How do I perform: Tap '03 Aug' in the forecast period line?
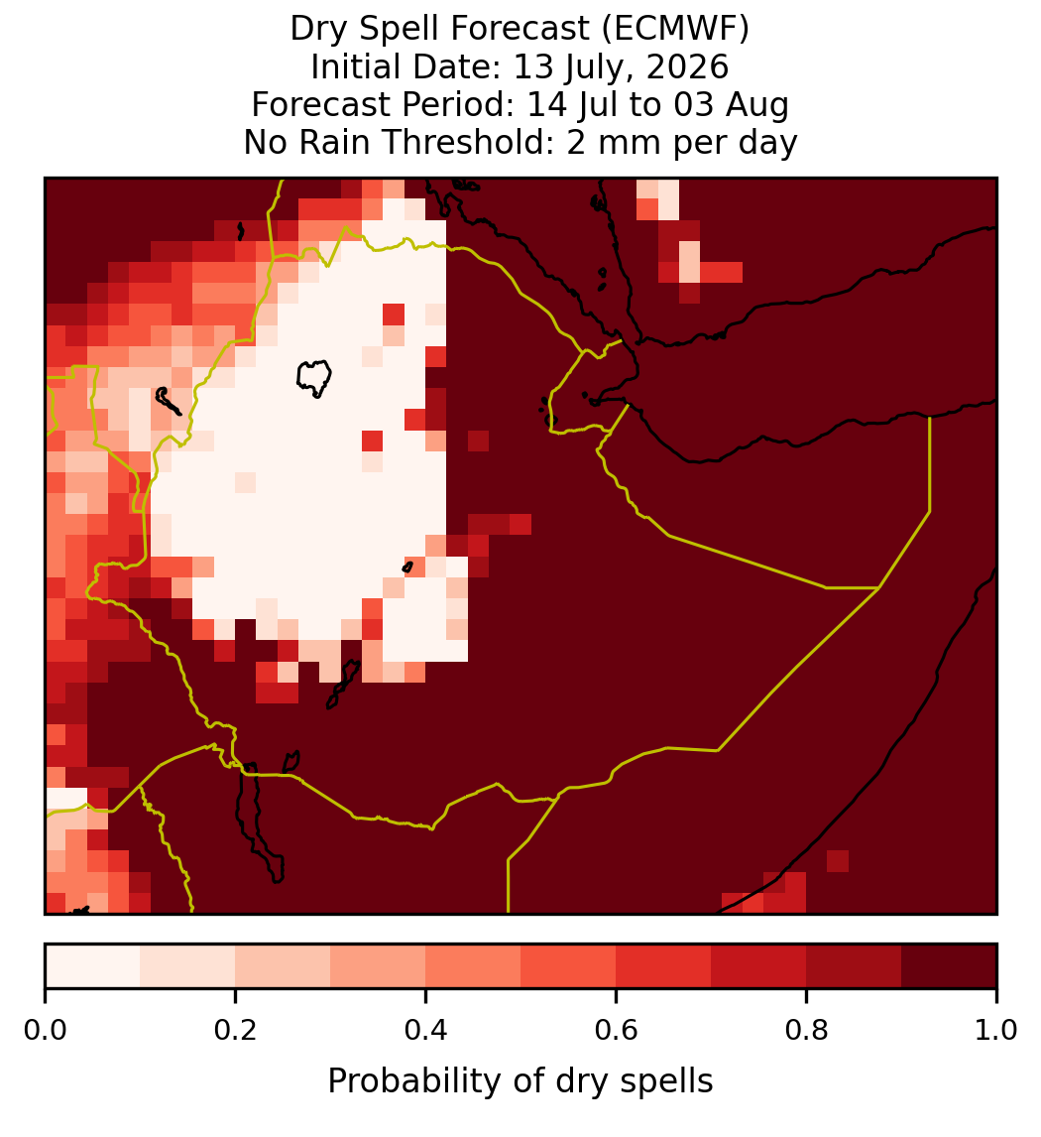[x=731, y=105]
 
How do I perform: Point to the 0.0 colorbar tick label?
[x=45, y=1030]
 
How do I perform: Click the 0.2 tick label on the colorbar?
[x=235, y=1030]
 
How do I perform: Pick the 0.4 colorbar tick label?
[x=426, y=1030]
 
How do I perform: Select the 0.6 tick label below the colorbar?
[x=616, y=1030]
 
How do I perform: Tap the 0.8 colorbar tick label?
[x=806, y=1030]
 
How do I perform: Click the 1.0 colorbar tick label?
[x=996, y=1030]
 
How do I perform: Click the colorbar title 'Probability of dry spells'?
[x=520, y=1081]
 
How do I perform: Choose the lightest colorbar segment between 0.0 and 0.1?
[x=93, y=966]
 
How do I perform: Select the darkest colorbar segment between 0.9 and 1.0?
[x=949, y=966]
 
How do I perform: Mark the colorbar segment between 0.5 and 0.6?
[x=568, y=966]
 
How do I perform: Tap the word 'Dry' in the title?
[x=315, y=30]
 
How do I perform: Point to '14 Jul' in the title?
[x=572, y=105]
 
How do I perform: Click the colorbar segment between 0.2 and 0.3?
[x=283, y=966]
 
